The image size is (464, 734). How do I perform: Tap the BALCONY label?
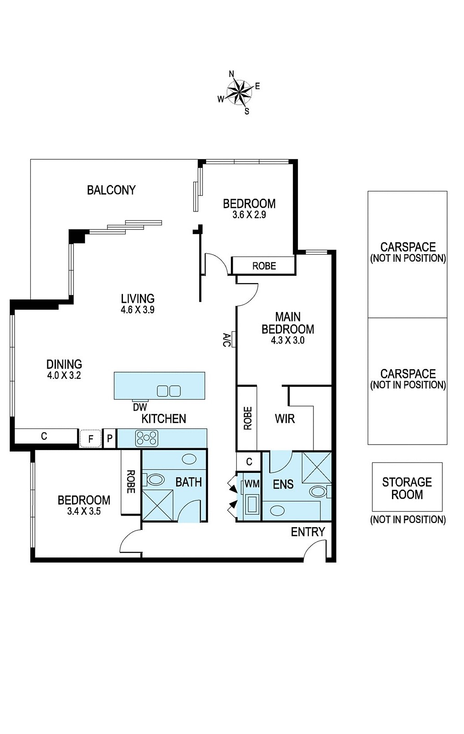pos(111,190)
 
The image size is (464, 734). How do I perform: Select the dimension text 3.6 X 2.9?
pos(249,214)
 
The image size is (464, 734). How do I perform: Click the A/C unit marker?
pos(234,339)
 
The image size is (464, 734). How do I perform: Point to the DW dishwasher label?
pos(140,406)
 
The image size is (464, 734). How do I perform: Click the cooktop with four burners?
pos(146,438)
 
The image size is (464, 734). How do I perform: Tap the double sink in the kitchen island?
pos(168,391)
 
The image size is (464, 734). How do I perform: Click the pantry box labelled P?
pos(110,439)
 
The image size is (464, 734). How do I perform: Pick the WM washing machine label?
pos(252,484)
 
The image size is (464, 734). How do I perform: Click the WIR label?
pos(285,418)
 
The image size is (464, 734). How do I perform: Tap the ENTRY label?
pos(308,532)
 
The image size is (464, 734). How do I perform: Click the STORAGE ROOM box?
pos(407,487)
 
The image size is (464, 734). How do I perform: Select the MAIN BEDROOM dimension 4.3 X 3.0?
pos(288,340)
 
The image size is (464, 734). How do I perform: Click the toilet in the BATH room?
pos(155,480)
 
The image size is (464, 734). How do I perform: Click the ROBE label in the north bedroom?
pos(264,266)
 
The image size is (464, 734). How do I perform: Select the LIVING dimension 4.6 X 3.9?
pos(138,310)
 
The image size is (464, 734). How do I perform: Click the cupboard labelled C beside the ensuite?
pos(249,462)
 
